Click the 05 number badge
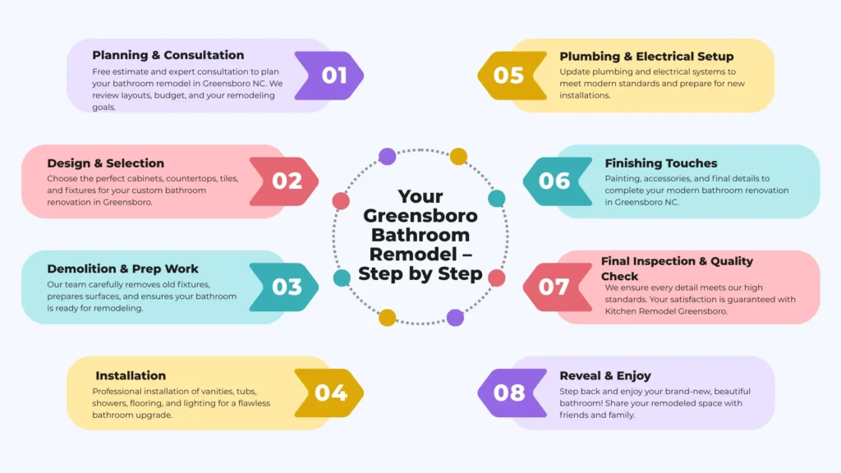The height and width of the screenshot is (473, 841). tap(508, 76)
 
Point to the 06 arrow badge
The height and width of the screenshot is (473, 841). tap(554, 181)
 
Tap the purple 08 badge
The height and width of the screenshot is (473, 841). tap(509, 393)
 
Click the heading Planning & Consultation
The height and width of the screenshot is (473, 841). tap(168, 56)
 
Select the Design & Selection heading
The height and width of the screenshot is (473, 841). tap(105, 163)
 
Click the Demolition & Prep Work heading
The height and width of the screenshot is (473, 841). tap(122, 269)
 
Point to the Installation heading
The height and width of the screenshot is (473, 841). tap(131, 375)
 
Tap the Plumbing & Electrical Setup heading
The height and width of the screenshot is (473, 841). tap(646, 57)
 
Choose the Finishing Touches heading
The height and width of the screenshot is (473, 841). tap(661, 163)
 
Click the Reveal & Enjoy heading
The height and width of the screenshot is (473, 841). tap(605, 375)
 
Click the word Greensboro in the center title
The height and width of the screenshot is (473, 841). tap(420, 216)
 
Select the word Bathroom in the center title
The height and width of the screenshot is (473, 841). tap(420, 235)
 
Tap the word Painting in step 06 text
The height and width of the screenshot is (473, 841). tap(622, 178)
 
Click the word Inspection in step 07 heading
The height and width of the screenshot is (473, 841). tap(668, 261)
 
